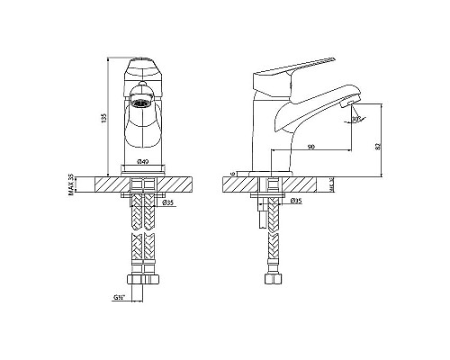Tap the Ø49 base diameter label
point(142,161)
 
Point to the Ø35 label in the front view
point(168,203)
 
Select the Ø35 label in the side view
point(295,202)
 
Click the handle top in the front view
point(142,66)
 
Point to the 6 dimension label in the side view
point(232,173)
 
